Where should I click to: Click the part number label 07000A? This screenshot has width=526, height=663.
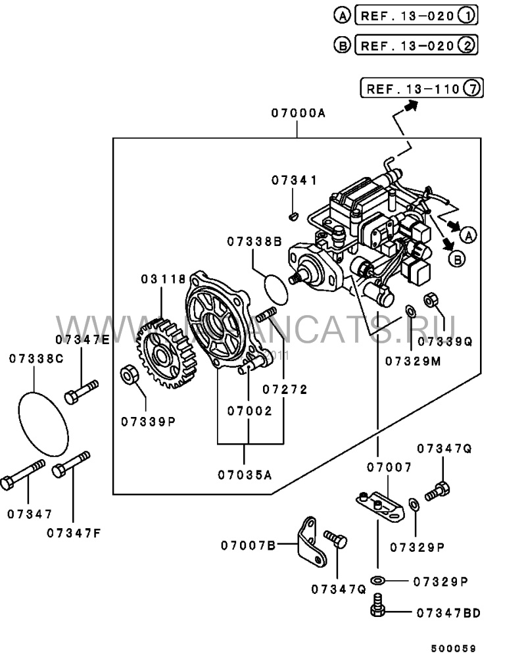tap(297, 113)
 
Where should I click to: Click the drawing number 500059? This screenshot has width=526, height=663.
tap(453, 648)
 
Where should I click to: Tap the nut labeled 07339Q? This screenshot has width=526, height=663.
tap(432, 300)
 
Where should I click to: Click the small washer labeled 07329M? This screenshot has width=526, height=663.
tap(410, 310)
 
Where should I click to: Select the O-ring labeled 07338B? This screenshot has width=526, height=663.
tap(277, 287)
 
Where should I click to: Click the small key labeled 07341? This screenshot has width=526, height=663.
tap(295, 214)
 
